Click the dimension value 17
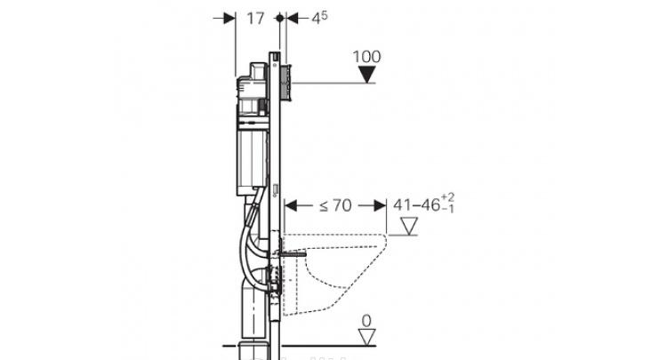(x=255, y=19)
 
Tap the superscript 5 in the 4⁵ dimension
(x=324, y=15)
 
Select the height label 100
(x=366, y=57)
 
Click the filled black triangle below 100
(x=366, y=74)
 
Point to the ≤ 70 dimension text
(x=335, y=205)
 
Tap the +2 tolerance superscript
(x=447, y=197)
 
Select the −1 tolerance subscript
(x=447, y=208)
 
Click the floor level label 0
(x=366, y=321)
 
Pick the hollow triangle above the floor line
(x=366, y=337)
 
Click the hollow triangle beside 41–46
(x=409, y=226)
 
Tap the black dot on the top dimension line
(x=279, y=19)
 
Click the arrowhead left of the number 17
(x=229, y=19)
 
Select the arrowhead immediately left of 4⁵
(x=293, y=19)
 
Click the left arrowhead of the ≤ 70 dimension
(x=291, y=206)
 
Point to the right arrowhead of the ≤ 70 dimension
(x=380, y=206)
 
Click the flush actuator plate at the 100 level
(x=286, y=83)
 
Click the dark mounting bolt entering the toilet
(x=293, y=254)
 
